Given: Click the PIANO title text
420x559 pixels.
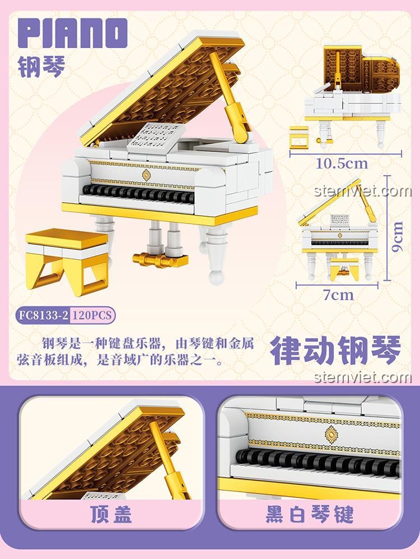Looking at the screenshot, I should [x=72, y=35].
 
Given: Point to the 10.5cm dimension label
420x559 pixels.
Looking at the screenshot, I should [x=342, y=163].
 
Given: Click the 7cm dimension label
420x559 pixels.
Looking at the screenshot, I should [x=338, y=294].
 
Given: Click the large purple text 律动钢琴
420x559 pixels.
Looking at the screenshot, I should [x=335, y=350].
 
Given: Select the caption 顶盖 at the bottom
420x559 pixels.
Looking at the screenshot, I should [x=112, y=514].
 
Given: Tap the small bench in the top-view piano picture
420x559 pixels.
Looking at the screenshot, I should [x=298, y=137].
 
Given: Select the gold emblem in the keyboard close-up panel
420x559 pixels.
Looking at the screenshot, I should [x=332, y=433].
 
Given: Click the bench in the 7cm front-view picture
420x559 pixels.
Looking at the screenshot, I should [x=340, y=270].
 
